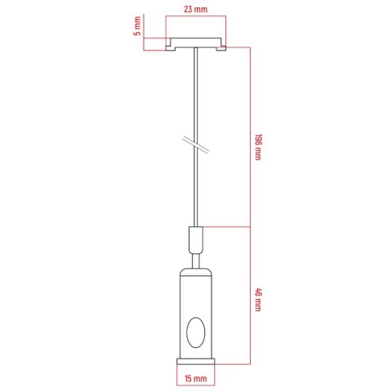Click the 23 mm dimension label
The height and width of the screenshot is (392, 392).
pyautogui.click(x=195, y=9)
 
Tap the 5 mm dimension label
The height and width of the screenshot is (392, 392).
pyautogui.click(x=138, y=26)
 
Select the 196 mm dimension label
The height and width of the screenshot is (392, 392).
pyautogui.click(x=257, y=147)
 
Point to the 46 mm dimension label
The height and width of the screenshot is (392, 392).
pyautogui.click(x=257, y=300)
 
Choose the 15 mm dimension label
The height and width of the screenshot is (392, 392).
pyautogui.click(x=195, y=378)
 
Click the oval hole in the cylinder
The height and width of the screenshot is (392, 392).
pyautogui.click(x=196, y=332)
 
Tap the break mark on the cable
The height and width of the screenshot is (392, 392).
pyautogui.click(x=195, y=144)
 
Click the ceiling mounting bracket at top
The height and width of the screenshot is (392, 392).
pyautogui.click(x=196, y=44)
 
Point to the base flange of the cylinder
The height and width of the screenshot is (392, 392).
pyautogui.click(x=196, y=362)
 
